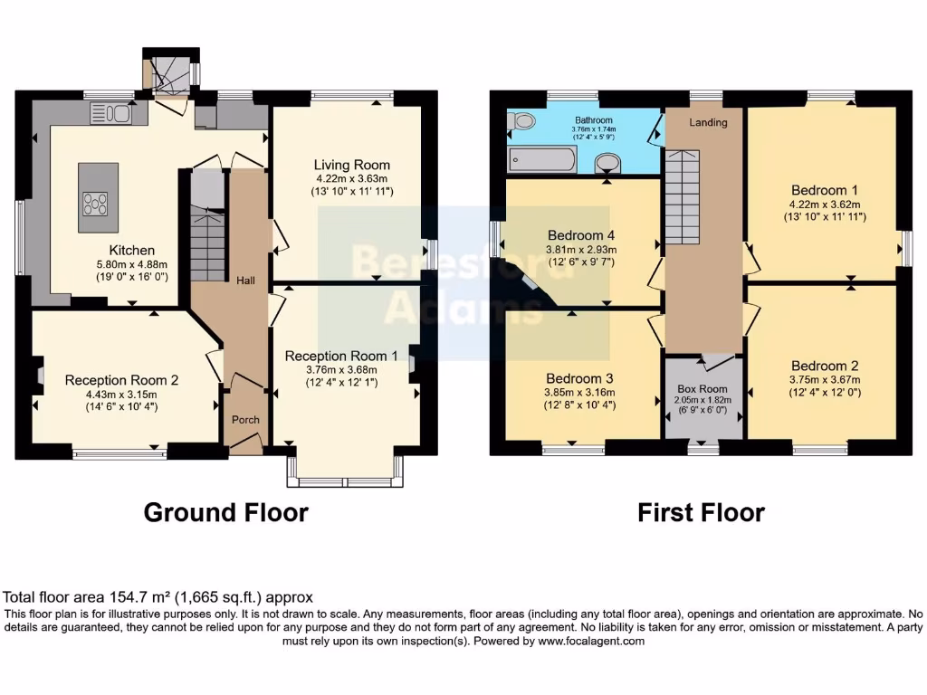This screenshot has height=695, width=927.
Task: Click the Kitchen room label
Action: click(x=132, y=250)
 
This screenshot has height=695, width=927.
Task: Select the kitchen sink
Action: click(x=112, y=113)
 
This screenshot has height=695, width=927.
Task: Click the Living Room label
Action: click(x=352, y=165)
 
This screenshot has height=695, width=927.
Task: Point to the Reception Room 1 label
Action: click(x=341, y=356)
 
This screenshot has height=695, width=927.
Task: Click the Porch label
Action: click(x=245, y=420)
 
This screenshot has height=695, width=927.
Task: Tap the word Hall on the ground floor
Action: click(x=245, y=281)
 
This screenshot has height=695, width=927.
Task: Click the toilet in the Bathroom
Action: click(x=522, y=120)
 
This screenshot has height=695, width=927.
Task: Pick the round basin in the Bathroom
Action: click(x=608, y=162)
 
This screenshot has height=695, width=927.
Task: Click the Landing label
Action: click(x=708, y=122)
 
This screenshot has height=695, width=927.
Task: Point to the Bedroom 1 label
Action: click(x=824, y=190)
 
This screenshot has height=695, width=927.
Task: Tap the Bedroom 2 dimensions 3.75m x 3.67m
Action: click(x=824, y=380)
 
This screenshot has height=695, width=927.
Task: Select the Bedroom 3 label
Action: click(x=580, y=378)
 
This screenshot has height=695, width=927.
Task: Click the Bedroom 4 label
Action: click(x=580, y=229)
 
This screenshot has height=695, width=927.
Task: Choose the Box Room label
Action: click(x=702, y=388)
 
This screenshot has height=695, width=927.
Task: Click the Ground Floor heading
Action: click(x=226, y=513)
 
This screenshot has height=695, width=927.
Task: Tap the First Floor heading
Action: click(x=701, y=513)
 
